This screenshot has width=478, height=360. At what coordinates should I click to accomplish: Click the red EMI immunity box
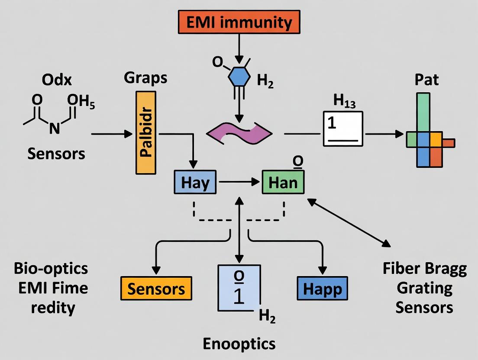pyautogui.click(x=239, y=21)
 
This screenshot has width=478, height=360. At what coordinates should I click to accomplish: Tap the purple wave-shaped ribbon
pyautogui.click(x=240, y=132)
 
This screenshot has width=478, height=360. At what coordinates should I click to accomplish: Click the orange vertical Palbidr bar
pyautogui.click(x=146, y=133)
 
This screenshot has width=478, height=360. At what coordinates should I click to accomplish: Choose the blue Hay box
pyautogui.click(x=195, y=182)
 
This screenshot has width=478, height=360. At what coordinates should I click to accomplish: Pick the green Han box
pyautogui.click(x=283, y=182)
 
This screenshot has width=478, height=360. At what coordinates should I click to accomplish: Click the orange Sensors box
pyautogui.click(x=156, y=289)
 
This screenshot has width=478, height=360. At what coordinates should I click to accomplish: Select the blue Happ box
pyautogui.click(x=323, y=289)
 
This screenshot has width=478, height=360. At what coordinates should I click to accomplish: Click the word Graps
pyautogui.click(x=145, y=78)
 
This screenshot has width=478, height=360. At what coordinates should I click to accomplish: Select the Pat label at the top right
pyautogui.click(x=426, y=80)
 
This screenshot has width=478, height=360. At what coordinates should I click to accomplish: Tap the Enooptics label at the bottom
pyautogui.click(x=239, y=344)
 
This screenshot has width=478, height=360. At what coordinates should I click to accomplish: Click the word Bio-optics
pyautogui.click(x=50, y=269)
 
